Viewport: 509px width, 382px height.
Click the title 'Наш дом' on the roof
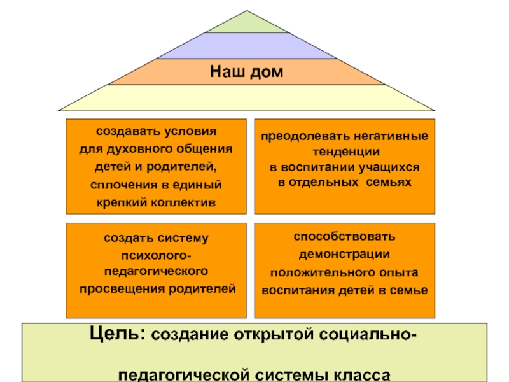coord(247,71)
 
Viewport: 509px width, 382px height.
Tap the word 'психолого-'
coord(157,256)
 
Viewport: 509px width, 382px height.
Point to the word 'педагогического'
coord(157,272)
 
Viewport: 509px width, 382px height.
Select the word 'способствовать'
coord(344,237)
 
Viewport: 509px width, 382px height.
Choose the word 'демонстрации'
coord(344,254)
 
